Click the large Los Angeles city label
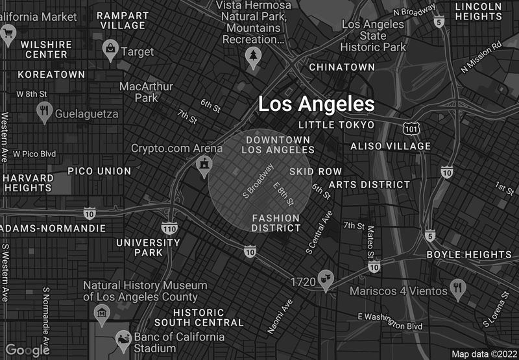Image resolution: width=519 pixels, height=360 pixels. (317, 104)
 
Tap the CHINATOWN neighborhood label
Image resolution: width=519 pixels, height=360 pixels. (342, 67)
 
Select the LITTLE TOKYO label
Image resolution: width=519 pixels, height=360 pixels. (336, 125)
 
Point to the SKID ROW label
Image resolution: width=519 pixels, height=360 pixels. (315, 171)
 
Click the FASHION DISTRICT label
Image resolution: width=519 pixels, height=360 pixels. (276, 222)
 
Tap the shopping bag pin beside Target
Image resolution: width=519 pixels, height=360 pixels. (111, 49)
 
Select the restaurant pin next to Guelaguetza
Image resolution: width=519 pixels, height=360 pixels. (44, 112)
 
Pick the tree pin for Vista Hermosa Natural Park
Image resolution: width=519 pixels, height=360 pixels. (252, 58)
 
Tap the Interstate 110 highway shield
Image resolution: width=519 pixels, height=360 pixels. (169, 228)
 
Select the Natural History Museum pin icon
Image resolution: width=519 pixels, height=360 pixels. (101, 315)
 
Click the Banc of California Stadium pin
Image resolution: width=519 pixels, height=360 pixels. (122, 339)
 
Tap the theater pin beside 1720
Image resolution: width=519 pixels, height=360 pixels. (326, 278)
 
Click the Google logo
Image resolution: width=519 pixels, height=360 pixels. (27, 350)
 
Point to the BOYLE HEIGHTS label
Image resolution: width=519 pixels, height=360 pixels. (469, 255)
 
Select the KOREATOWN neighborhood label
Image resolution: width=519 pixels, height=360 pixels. (51, 75)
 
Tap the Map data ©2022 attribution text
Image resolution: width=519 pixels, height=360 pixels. (483, 354)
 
